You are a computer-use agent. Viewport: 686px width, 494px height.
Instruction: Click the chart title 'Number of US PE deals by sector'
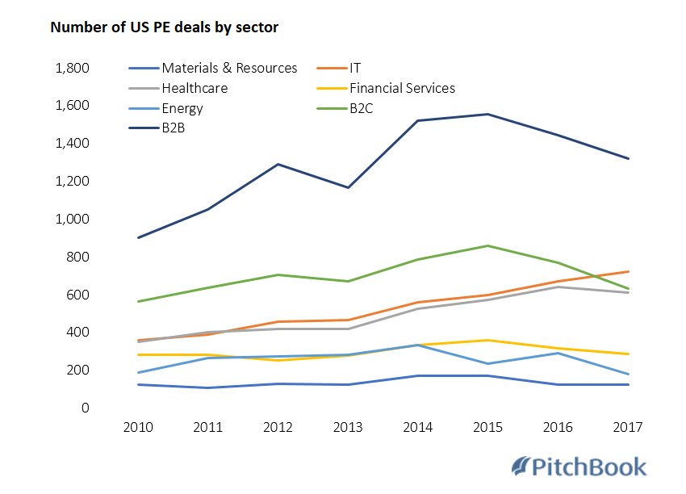click(x=164, y=27)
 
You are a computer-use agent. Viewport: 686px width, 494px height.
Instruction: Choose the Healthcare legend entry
click(x=194, y=88)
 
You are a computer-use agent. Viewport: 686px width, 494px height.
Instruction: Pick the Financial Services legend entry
click(x=402, y=88)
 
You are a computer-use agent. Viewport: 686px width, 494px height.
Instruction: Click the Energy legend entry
click(x=182, y=108)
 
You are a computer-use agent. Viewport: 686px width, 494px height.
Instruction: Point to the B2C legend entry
click(x=362, y=108)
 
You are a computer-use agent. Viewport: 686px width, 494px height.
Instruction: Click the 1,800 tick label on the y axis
click(x=70, y=68)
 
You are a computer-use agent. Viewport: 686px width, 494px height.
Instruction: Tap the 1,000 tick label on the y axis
click(x=70, y=219)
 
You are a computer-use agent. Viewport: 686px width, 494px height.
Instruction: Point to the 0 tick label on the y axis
click(x=84, y=408)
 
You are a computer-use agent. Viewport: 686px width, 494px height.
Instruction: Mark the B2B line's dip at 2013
click(x=348, y=187)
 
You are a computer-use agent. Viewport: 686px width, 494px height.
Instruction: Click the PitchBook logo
click(x=579, y=467)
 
